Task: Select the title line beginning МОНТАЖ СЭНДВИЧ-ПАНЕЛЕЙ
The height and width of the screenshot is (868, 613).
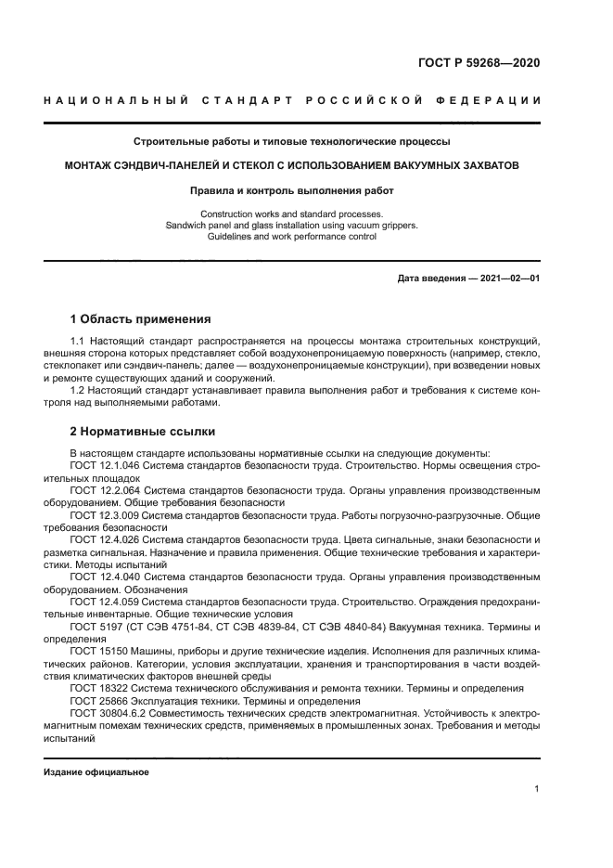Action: tap(291, 165)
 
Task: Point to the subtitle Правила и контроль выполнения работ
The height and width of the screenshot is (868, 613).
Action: tap(291, 190)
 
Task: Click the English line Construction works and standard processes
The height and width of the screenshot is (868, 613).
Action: tap(291, 214)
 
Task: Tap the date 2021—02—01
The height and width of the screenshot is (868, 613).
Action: tap(508, 278)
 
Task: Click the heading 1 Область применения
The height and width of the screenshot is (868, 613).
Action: tap(140, 318)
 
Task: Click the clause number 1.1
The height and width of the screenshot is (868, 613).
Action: tap(78, 342)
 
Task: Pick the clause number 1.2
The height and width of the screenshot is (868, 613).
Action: tap(78, 390)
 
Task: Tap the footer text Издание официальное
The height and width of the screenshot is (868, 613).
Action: tap(96, 772)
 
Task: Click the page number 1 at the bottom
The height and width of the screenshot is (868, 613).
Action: tap(537, 789)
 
